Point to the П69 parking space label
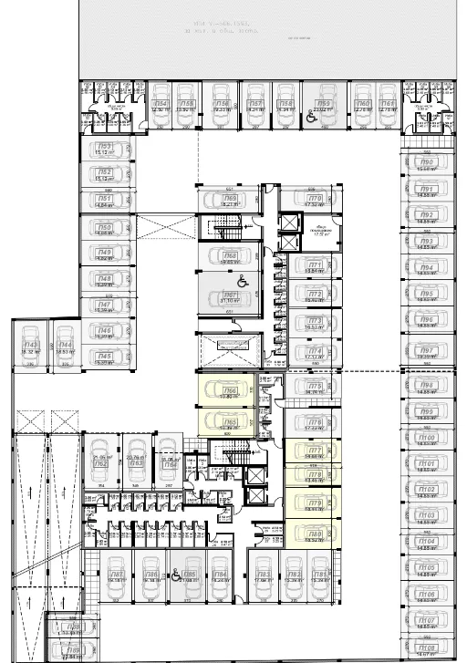pos(231,198)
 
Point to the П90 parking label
pos(427,161)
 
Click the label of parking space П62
pos(101,463)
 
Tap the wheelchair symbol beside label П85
pos(176,575)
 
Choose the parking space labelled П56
pos(223,104)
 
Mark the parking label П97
pos(427,350)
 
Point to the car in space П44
pos(65,343)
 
